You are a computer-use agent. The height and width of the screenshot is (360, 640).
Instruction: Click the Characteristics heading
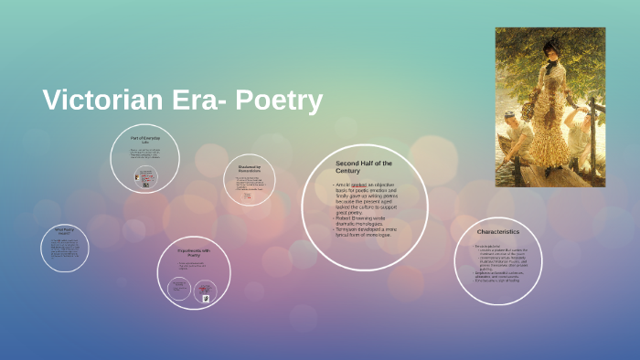[x=498, y=232]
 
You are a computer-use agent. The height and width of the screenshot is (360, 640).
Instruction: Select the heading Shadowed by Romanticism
[x=250, y=169]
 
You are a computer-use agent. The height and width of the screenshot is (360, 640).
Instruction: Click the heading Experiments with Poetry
[x=193, y=252]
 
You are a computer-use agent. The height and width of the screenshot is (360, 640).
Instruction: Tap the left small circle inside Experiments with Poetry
[x=178, y=288]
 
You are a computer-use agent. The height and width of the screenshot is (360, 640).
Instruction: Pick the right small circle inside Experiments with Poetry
[x=207, y=291]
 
